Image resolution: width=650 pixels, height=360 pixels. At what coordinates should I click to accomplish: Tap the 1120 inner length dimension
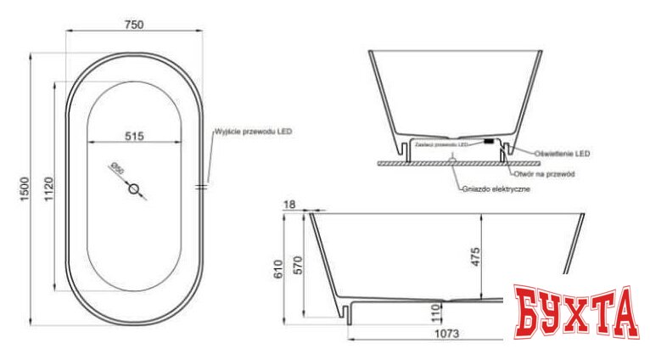point(50,188)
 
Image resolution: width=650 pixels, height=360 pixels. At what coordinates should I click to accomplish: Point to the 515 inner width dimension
point(136,135)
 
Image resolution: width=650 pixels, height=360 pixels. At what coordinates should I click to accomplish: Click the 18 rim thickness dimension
point(291,204)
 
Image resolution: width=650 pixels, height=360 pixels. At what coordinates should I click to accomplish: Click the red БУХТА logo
point(574,312)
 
